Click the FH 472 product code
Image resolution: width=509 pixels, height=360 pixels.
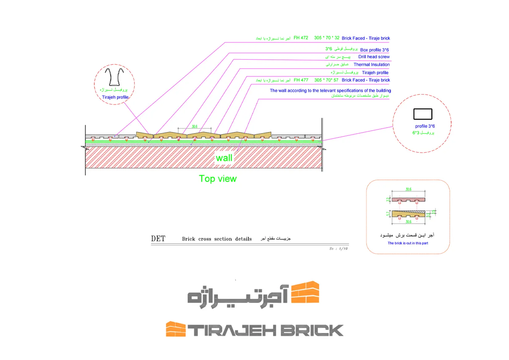[x=301, y=38]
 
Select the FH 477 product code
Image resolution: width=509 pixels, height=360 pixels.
[x=301, y=80]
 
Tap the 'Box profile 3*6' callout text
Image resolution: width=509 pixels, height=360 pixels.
[x=374, y=50]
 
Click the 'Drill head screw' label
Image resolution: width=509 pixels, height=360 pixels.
[x=374, y=57]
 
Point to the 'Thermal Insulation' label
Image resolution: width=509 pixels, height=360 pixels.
[x=371, y=64]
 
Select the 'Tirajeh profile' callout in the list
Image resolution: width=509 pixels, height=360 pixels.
[x=375, y=73]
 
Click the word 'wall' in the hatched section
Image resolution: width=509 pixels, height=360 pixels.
[x=224, y=158]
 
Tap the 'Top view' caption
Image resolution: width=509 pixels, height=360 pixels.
[x=218, y=179]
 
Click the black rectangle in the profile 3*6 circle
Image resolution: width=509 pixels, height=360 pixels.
[x=423, y=114]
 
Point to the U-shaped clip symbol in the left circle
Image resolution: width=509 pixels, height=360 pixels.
[x=114, y=77]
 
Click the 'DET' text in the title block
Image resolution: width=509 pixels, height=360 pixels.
[x=158, y=239]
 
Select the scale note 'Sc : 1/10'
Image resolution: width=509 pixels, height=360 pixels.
[x=338, y=248]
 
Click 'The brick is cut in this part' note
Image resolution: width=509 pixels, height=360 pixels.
[x=408, y=243]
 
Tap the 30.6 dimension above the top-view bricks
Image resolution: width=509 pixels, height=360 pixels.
[x=194, y=126]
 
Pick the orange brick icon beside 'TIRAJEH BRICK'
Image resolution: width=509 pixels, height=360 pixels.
[x=176, y=329]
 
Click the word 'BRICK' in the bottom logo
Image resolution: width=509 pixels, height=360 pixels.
[x=312, y=330]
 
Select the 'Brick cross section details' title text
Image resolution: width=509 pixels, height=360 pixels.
[x=217, y=239]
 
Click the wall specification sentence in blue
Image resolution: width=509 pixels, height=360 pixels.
[x=330, y=91]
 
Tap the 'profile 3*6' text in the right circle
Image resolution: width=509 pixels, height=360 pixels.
[x=425, y=126]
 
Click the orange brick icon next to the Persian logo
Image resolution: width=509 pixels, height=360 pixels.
[x=305, y=292]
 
